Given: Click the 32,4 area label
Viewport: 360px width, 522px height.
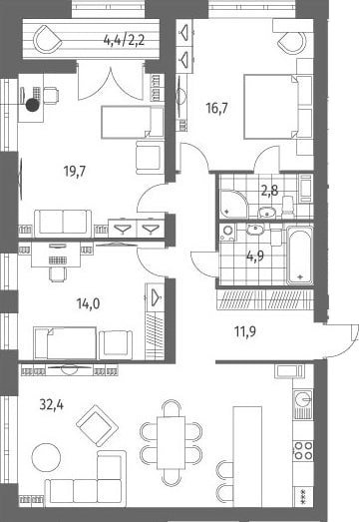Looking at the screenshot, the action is point(52,405).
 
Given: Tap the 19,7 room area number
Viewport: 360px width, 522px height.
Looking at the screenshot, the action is point(75,172).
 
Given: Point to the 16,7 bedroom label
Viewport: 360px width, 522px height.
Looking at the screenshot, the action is point(217,108).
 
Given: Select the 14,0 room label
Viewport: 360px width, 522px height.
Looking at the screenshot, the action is point(88,303).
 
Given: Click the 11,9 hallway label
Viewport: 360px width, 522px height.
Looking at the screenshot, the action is point(245,331).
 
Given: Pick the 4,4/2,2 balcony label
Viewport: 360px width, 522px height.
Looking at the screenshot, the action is point(124,41).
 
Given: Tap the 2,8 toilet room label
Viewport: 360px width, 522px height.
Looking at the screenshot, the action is point(269,191).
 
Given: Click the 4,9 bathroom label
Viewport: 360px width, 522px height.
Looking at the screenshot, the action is point(255,256).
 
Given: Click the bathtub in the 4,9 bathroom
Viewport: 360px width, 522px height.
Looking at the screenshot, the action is point(300,256).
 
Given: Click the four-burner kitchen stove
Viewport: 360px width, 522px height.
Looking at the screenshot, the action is point(303,450).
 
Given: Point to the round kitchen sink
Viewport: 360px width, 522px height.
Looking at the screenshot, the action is point(303,398).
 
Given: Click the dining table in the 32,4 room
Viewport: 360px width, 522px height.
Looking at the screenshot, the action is point(171,442).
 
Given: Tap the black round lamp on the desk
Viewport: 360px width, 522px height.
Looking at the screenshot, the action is point(33,105).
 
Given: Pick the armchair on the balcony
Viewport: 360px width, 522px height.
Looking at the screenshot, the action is point(48,40).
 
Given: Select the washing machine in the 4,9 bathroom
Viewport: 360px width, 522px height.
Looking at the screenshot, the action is point(228,232).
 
